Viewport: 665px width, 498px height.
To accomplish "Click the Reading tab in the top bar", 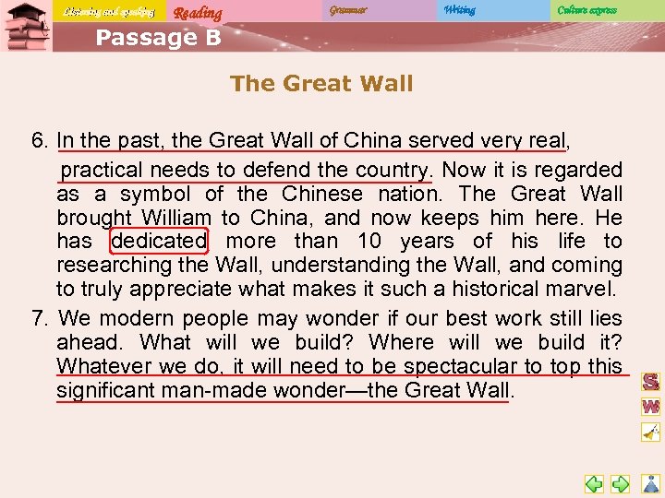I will tap(198, 12).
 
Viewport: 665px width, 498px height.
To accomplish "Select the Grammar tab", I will tap(347, 10).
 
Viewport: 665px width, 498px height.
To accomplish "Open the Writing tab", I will tap(459, 10).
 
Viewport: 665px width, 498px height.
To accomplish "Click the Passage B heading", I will tap(158, 37).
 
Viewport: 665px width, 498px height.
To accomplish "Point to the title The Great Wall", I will tap(321, 83).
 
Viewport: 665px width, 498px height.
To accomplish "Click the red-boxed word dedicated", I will tap(159, 242).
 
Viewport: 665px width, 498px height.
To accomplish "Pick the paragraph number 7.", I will tap(39, 319).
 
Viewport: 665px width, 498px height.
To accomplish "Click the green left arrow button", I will tap(595, 483).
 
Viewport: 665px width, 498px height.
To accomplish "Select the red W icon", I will tap(651, 406).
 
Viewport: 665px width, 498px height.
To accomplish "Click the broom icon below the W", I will tap(651, 432).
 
